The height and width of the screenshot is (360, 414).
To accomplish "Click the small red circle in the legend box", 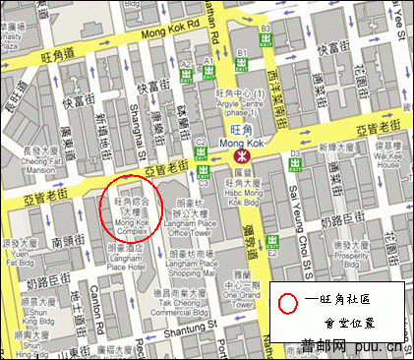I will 287,301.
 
